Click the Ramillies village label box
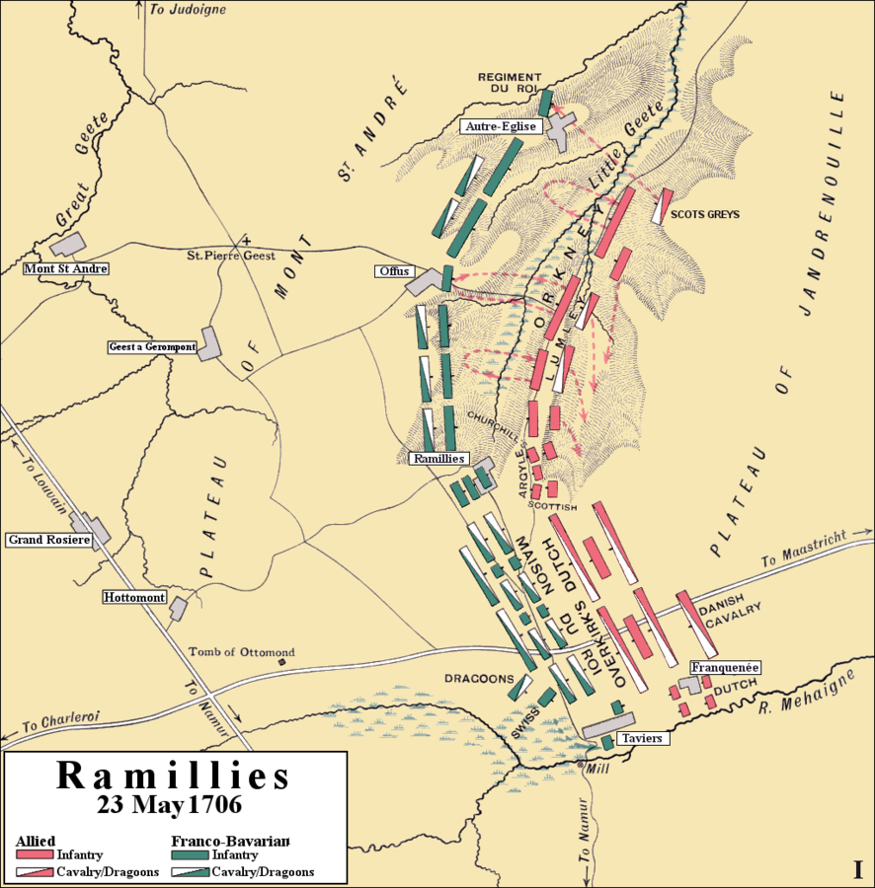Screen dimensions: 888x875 tap(438, 459)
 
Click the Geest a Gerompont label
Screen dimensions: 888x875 tap(152, 347)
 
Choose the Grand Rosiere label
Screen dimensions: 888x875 tap(48, 540)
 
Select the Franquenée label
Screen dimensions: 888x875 tap(725, 667)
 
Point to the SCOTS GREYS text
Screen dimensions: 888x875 tap(704, 214)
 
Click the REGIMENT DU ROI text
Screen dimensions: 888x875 tap(510, 83)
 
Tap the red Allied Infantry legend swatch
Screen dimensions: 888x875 tap(35, 854)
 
